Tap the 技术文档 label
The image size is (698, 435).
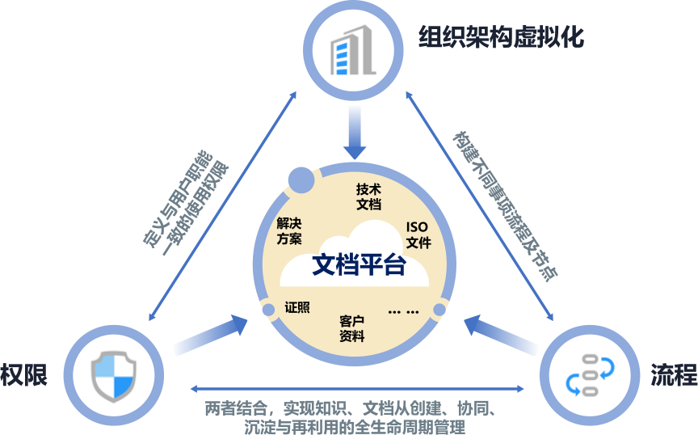(x=368, y=196)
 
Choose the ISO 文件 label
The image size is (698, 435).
(x=418, y=234)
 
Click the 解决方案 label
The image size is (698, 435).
(x=288, y=231)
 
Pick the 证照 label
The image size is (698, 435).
(x=297, y=308)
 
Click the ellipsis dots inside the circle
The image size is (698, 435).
(x=403, y=311)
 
